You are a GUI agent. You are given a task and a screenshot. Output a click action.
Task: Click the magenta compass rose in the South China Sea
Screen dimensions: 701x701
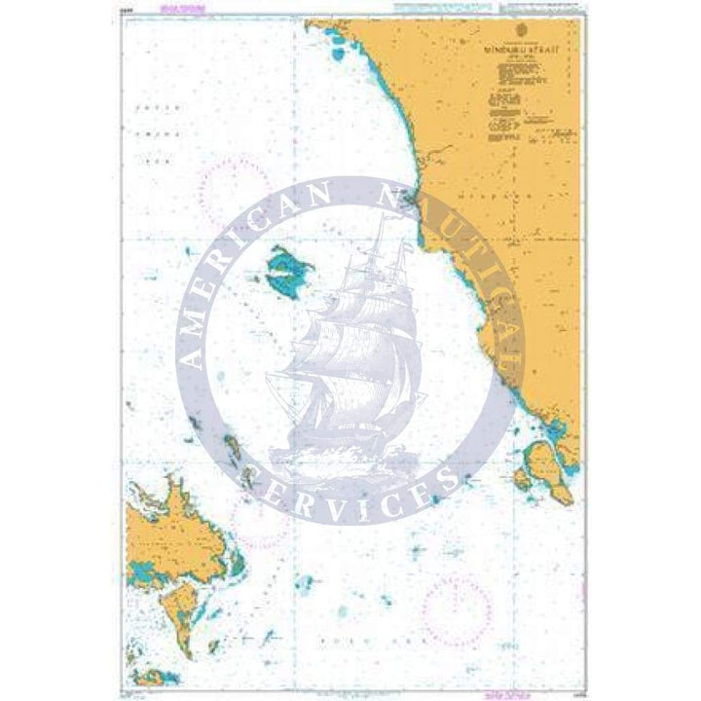235,185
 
